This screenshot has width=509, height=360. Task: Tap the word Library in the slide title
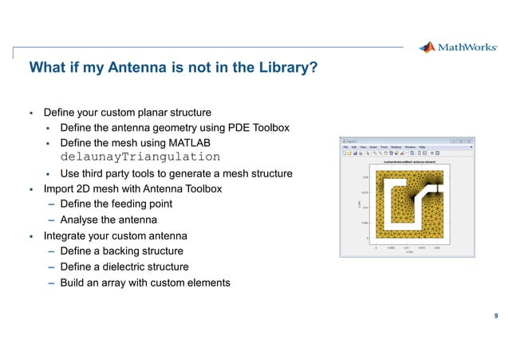pyautogui.click(x=286, y=69)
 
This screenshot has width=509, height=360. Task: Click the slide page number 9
pyautogui.click(x=496, y=317)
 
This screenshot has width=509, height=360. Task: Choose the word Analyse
pyautogui.click(x=81, y=220)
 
